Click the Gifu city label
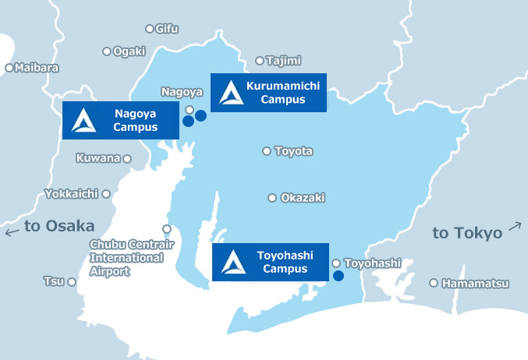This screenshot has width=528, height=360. (167, 29)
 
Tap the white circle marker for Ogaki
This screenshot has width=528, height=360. (107, 51)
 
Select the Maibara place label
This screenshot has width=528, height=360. (37, 68)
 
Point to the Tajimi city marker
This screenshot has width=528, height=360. (260, 60)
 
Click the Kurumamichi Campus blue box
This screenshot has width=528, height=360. (268, 93)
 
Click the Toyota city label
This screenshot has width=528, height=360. (294, 150)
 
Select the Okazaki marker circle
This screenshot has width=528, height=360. (272, 198)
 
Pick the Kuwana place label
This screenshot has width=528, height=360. (98, 158)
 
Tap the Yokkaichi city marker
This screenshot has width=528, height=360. (106, 193)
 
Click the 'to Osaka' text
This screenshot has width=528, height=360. (59, 226)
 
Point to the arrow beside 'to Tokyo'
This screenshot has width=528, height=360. (515, 227)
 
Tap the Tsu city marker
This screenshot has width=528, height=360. (72, 281)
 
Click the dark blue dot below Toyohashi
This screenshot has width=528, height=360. (338, 275)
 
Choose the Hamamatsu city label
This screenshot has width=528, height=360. (475, 284)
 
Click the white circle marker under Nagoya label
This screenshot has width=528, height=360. (190, 110)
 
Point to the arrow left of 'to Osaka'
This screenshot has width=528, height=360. (12, 231)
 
